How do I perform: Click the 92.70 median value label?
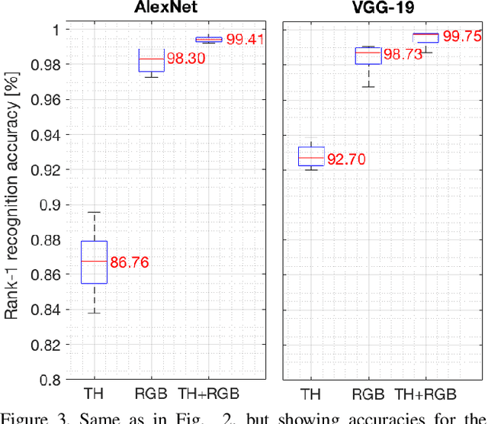coord(349,159)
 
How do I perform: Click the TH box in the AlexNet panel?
coord(94,262)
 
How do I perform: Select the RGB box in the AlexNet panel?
coord(151,59)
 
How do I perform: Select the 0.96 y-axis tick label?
coord(51,99)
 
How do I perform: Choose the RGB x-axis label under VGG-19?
coord(368,394)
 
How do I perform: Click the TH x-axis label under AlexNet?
coord(94,394)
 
